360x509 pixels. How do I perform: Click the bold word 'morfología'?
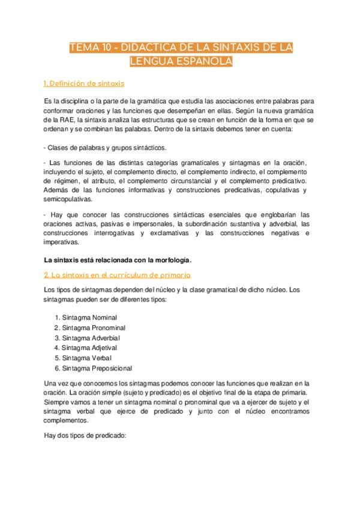point(173,260)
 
